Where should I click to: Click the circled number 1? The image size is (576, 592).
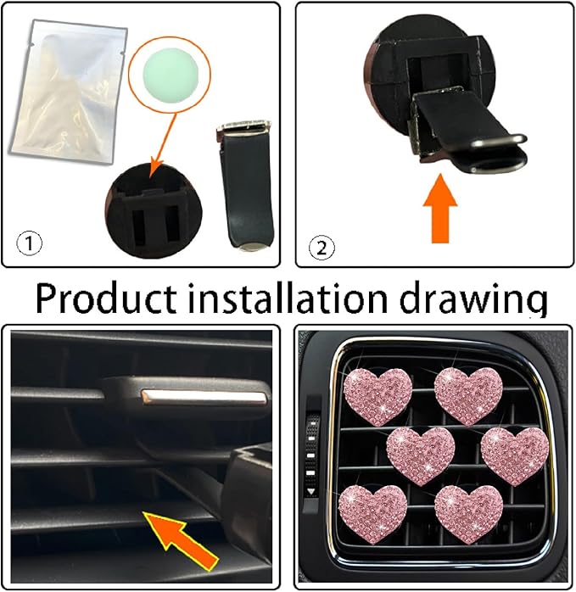(x=30, y=243)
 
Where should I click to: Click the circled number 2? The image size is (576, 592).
(x=322, y=248)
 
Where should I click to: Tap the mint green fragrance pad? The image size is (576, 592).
(x=171, y=74)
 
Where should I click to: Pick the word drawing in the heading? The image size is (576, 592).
(x=473, y=301)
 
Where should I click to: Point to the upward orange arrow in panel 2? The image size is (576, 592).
(x=440, y=207)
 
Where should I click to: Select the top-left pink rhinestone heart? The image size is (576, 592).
(x=377, y=396)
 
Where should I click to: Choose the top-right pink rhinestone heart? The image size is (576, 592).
(x=468, y=395)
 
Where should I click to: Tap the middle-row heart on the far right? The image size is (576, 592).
(x=515, y=456)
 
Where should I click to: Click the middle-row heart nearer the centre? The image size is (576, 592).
(x=421, y=456)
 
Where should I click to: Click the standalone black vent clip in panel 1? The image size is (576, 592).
(x=245, y=185)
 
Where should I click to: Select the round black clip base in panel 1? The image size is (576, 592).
(x=154, y=210)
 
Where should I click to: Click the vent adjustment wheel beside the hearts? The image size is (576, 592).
(x=311, y=456)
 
